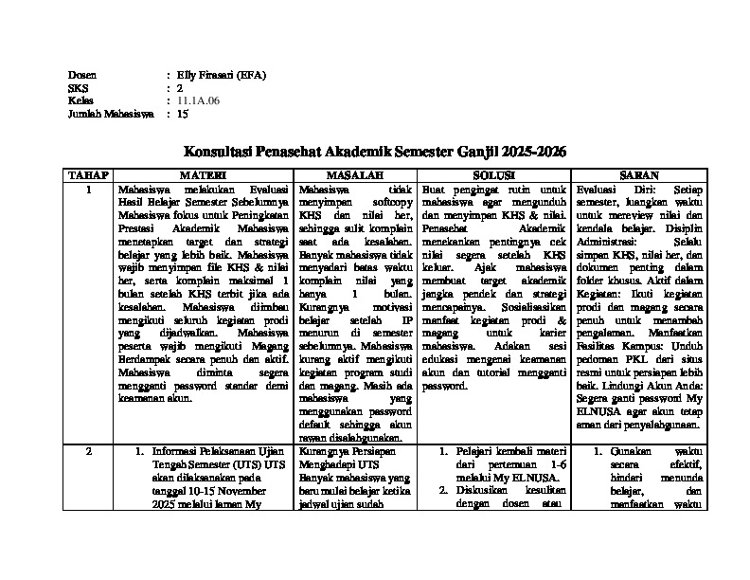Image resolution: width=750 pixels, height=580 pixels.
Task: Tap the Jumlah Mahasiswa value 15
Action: (x=183, y=114)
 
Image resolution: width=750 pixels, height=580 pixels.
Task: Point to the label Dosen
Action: (x=82, y=74)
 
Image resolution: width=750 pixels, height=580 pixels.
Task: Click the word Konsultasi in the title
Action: (x=217, y=151)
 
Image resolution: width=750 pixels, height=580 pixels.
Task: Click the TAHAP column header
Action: (x=88, y=176)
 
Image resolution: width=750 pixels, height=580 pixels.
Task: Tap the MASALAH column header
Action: (x=355, y=176)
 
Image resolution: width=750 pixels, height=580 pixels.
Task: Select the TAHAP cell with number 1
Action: (x=88, y=190)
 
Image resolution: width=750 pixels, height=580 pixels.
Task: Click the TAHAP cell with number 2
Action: (x=88, y=452)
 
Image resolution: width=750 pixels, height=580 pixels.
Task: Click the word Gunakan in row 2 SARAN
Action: (x=633, y=452)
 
